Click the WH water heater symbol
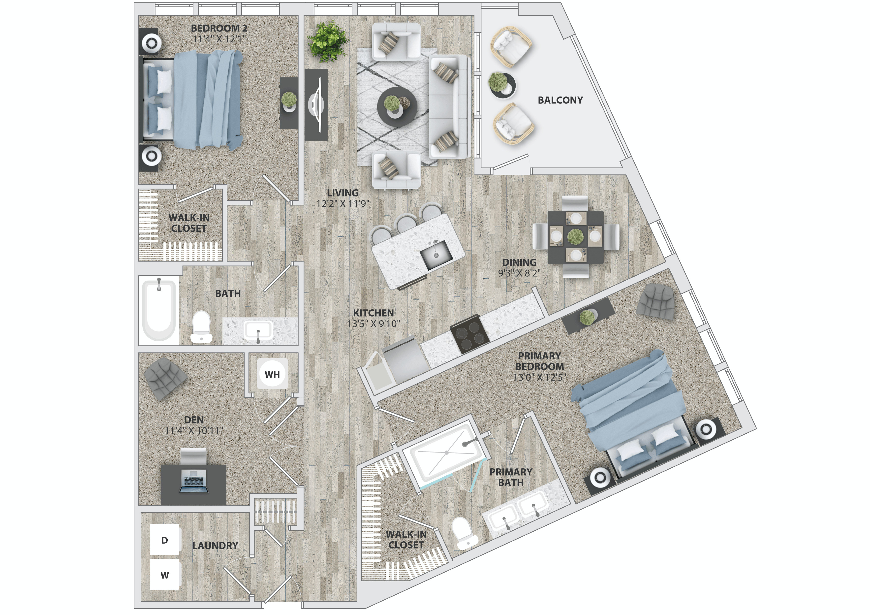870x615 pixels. coord(273,374)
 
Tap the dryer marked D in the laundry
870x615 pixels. coord(164,540)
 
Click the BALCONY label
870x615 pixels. coord(560,100)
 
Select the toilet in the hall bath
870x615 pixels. coord(201,327)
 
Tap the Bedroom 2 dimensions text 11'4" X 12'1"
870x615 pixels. coord(219,39)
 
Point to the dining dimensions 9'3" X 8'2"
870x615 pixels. coord(519,273)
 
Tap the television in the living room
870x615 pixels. coord(317,105)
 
